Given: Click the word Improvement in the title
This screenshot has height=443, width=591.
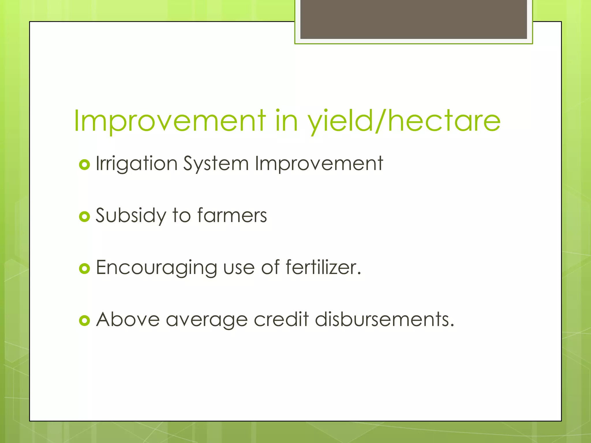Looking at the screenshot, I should (x=170, y=121).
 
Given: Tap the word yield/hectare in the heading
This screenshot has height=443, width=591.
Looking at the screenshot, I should (x=404, y=121).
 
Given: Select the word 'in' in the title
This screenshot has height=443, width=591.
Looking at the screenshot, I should (x=286, y=121).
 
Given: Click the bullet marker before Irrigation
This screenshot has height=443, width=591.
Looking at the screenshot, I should (x=84, y=165).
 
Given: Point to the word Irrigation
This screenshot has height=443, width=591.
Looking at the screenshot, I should (x=136, y=164).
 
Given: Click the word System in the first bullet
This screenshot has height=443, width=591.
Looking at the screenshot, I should (x=216, y=164).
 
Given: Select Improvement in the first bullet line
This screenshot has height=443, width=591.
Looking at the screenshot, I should (x=319, y=164).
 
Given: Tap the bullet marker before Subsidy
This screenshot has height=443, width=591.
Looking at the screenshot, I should (x=84, y=217).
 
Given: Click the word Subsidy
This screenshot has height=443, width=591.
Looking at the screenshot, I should (x=131, y=216).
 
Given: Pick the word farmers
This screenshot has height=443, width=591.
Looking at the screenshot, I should (x=232, y=216).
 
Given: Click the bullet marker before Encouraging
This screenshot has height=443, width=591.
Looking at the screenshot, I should (x=84, y=269).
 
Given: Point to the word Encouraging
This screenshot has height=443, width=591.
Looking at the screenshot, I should (x=156, y=268).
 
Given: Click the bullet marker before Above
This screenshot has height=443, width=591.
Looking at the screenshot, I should (x=84, y=320).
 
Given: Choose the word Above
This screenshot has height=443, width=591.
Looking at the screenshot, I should (x=128, y=320).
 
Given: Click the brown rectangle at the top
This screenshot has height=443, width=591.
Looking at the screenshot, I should (x=414, y=19).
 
